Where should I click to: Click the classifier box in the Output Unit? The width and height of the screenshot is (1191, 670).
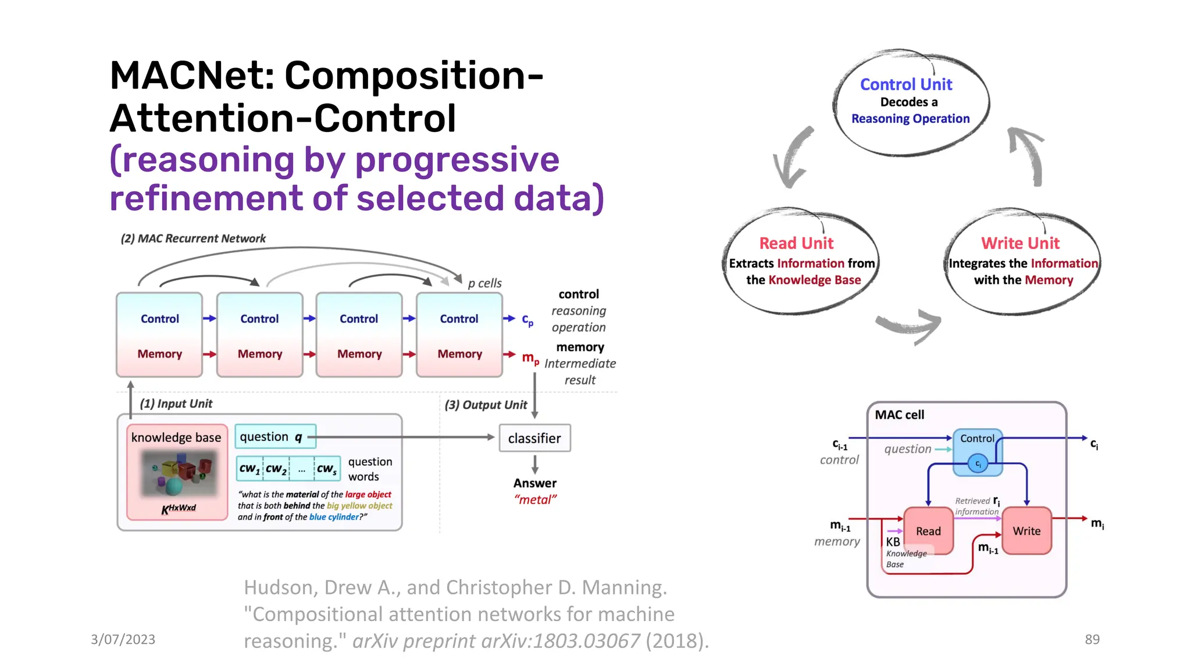(534, 439)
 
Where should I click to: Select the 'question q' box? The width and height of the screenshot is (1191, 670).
(275, 437)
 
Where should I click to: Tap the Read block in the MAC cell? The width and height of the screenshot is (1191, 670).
(928, 531)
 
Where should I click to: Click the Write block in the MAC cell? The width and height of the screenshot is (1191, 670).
(1026, 531)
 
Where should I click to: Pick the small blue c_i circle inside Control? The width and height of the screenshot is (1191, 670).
(978, 464)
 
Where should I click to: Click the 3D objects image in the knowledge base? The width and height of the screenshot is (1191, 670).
(179, 473)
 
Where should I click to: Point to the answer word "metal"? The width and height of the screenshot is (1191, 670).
(535, 500)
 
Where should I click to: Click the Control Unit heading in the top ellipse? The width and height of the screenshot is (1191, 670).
(905, 85)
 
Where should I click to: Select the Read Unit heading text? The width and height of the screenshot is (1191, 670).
(796, 243)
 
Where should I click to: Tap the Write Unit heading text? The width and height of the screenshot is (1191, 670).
(1020, 243)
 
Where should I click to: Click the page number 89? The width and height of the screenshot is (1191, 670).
(1092, 639)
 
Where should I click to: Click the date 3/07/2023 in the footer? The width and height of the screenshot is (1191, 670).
(123, 639)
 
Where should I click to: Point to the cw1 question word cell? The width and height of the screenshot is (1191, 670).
(249, 469)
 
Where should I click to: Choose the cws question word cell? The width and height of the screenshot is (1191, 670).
(327, 469)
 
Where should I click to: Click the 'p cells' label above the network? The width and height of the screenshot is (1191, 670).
(484, 283)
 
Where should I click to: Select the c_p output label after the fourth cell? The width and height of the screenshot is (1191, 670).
(527, 319)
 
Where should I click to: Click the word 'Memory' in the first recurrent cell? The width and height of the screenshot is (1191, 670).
(159, 354)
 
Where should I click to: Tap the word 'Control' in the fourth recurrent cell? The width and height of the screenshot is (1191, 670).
(459, 319)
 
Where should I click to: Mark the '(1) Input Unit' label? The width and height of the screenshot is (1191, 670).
(176, 404)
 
